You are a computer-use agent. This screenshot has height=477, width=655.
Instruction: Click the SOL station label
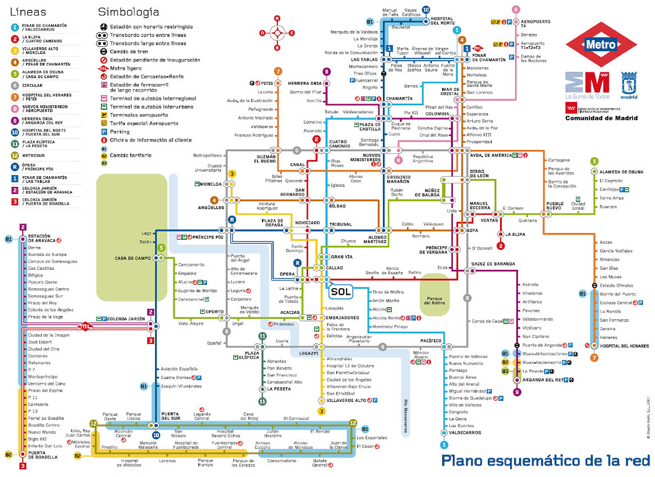(340, 292)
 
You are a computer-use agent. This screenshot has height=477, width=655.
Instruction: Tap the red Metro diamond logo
(601, 45)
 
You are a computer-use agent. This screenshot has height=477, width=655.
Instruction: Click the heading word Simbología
(128, 12)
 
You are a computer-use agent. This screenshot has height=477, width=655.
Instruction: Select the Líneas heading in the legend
(28, 12)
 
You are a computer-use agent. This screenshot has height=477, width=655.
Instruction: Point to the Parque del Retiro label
(434, 301)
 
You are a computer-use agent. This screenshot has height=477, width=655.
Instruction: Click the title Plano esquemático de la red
(545, 460)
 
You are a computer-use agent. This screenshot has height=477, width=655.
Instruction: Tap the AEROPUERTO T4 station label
(535, 23)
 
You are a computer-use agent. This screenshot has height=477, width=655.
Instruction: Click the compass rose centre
(277, 33)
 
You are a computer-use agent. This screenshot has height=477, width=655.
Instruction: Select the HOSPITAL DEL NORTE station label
(442, 21)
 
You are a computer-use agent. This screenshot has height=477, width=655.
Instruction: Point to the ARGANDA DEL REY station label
(542, 380)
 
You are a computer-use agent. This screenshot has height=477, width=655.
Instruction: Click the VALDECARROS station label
(465, 432)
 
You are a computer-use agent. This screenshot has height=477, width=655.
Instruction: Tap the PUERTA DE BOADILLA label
(43, 455)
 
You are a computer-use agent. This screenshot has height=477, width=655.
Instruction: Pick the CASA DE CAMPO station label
(133, 258)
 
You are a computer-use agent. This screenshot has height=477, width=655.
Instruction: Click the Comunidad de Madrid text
(601, 118)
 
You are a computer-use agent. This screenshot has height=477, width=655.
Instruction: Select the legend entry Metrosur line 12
(33, 156)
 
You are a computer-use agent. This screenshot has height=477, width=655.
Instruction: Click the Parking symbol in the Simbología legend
(104, 132)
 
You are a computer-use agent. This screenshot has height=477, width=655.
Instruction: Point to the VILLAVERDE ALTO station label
(346, 400)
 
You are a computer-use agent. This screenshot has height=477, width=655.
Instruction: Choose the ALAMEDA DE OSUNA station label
(621, 172)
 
